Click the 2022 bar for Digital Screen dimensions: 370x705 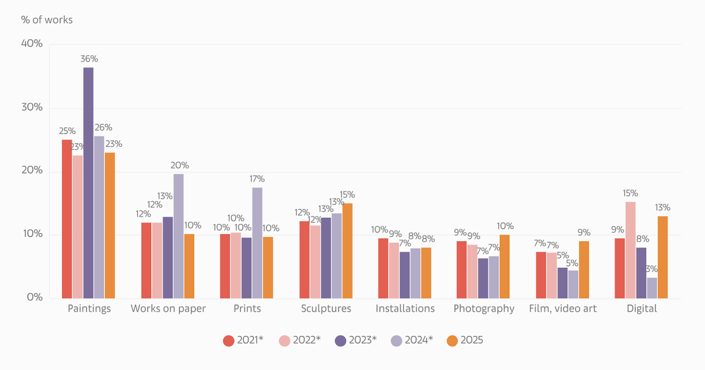[x=630, y=250]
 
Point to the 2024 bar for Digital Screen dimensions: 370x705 [x=652, y=288]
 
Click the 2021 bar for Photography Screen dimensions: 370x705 [x=462, y=270]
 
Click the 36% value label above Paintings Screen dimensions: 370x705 [x=89, y=59]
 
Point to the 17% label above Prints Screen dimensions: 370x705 [x=257, y=179]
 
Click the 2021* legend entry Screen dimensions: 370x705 [x=243, y=340]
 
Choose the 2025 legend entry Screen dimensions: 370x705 [x=465, y=340]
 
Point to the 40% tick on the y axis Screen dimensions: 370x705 [x=32, y=44]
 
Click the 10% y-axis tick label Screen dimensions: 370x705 [x=32, y=234]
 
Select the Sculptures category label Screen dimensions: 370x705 [x=326, y=309]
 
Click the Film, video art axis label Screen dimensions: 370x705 [x=563, y=309]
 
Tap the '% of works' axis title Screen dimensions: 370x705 [x=47, y=20]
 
